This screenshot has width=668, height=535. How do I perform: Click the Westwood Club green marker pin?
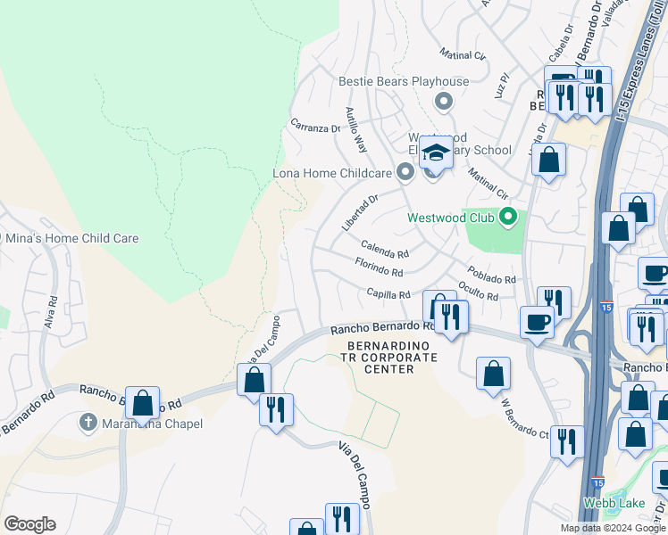[x=508, y=217]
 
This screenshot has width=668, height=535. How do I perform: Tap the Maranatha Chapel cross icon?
[x=88, y=421]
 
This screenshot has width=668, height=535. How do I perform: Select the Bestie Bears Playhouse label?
[x=404, y=82]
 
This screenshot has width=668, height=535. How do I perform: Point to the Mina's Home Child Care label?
[x=72, y=238]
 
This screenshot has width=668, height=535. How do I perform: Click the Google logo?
[x=29, y=524]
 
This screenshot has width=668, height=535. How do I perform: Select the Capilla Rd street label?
[x=388, y=294]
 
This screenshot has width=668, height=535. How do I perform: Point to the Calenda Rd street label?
[x=385, y=247]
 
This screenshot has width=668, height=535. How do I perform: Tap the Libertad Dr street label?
[x=361, y=212]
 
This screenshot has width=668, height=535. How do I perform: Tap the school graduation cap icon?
[x=438, y=152]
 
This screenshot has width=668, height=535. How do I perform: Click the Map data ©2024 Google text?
[x=612, y=528]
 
